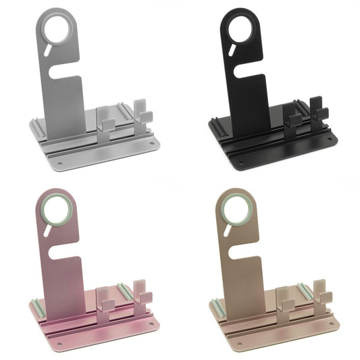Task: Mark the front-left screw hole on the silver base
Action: [x=59, y=163]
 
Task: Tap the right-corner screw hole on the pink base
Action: [x=151, y=321]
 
